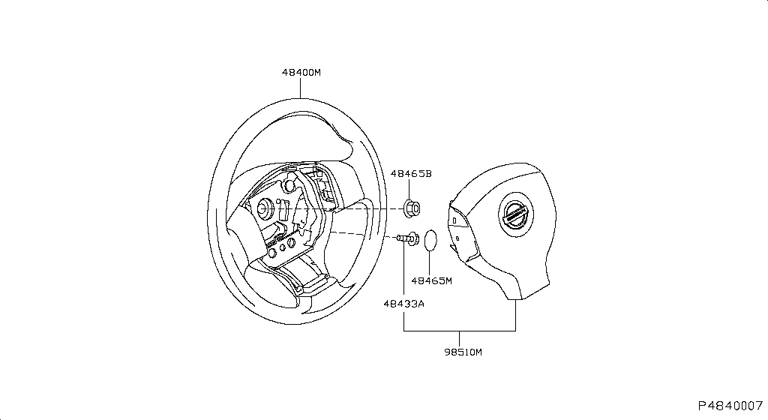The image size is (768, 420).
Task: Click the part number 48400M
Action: click(x=301, y=73)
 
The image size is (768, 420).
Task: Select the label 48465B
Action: click(x=411, y=173)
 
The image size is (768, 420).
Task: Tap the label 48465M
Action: click(x=431, y=281)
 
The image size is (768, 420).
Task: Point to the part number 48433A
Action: click(x=404, y=304)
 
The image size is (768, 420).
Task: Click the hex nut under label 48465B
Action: click(x=411, y=207)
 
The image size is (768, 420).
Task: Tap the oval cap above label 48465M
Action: click(x=430, y=240)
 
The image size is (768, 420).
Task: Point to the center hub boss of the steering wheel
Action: click(x=265, y=207)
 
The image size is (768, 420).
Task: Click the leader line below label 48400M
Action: click(x=301, y=88)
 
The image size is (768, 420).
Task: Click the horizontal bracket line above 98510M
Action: click(x=460, y=331)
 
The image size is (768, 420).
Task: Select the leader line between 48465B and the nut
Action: click(x=411, y=190)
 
